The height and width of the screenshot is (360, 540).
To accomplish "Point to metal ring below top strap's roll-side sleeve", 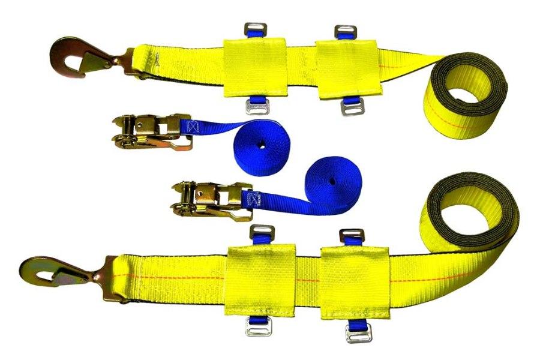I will pyautogui.click(x=350, y=108).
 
